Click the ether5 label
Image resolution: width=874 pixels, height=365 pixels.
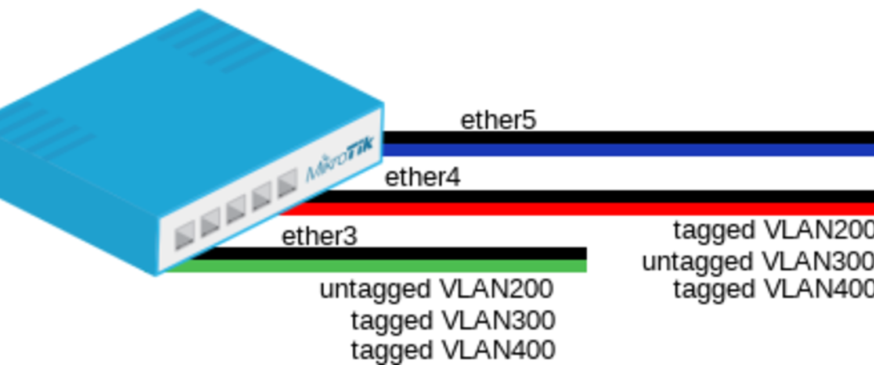(498, 120)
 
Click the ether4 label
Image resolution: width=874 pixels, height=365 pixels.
(422, 178)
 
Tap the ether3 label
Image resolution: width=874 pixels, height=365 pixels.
(319, 237)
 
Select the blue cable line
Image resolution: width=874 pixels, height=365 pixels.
(627, 150)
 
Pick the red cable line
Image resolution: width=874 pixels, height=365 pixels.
(580, 209)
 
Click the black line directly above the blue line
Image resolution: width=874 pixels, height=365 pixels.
(627, 137)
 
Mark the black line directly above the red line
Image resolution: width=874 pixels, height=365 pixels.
(580, 196)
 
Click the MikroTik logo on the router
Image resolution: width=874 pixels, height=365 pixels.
(340, 159)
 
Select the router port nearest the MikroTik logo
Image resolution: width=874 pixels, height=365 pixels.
(287, 184)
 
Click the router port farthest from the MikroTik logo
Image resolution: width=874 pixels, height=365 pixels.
(185, 235)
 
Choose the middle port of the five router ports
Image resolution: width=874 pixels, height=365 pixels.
(236, 210)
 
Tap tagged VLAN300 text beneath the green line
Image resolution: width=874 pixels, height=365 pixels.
(453, 320)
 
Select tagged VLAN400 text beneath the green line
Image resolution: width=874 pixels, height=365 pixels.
(453, 350)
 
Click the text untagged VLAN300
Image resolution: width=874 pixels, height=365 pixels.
(757, 262)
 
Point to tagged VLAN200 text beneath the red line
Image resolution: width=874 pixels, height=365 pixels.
(773, 230)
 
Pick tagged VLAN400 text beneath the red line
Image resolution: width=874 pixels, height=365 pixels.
(773, 289)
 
